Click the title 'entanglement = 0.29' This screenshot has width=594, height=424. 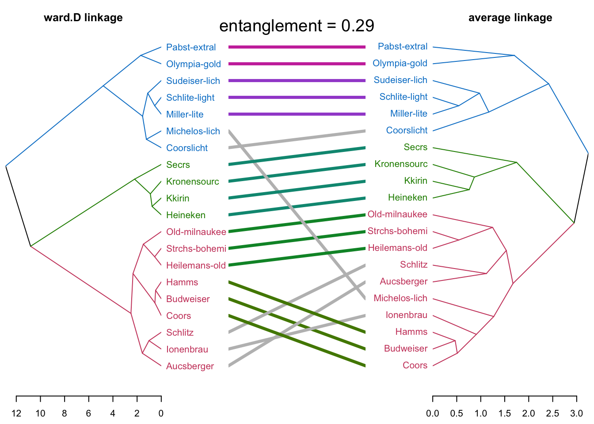click(x=297, y=26)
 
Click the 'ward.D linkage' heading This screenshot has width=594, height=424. click(x=83, y=18)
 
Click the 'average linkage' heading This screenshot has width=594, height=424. click(x=510, y=18)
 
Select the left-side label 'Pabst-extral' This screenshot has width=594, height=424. click(x=191, y=47)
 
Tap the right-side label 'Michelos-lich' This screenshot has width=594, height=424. click(x=400, y=298)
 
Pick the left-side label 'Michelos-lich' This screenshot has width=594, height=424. click(x=193, y=131)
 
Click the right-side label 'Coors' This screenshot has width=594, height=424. click(x=415, y=365)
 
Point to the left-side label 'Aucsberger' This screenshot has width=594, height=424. click(x=190, y=366)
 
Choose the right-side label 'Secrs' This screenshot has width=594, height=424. click(x=415, y=147)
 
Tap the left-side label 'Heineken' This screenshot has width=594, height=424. click(x=186, y=215)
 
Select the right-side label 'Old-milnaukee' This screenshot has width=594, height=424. click(x=397, y=214)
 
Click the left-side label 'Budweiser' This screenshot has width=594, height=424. click(x=188, y=299)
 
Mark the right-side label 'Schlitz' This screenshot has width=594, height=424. click(x=414, y=265)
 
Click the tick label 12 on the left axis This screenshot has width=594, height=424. click(x=16, y=413)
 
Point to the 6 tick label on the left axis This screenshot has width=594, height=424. click(x=89, y=413)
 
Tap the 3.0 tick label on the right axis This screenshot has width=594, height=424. click(x=576, y=413)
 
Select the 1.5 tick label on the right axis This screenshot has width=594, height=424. click(x=504, y=413)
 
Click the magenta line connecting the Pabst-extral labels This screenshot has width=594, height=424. click(x=297, y=47)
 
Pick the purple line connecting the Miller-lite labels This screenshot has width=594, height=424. click(x=297, y=114)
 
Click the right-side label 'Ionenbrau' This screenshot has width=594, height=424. click(x=407, y=315)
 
